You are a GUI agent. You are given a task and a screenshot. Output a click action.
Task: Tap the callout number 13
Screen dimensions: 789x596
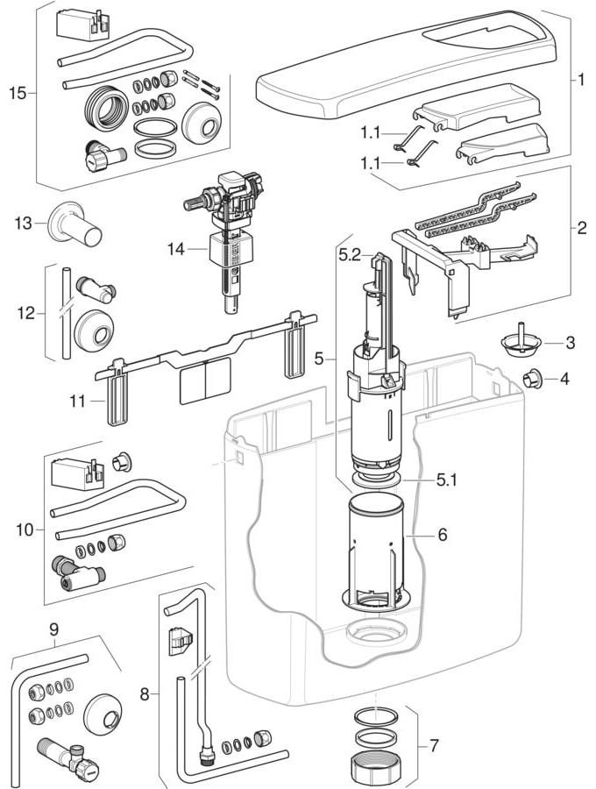coord(22,223)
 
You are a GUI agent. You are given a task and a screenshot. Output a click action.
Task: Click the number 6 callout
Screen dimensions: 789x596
coord(443,533)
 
